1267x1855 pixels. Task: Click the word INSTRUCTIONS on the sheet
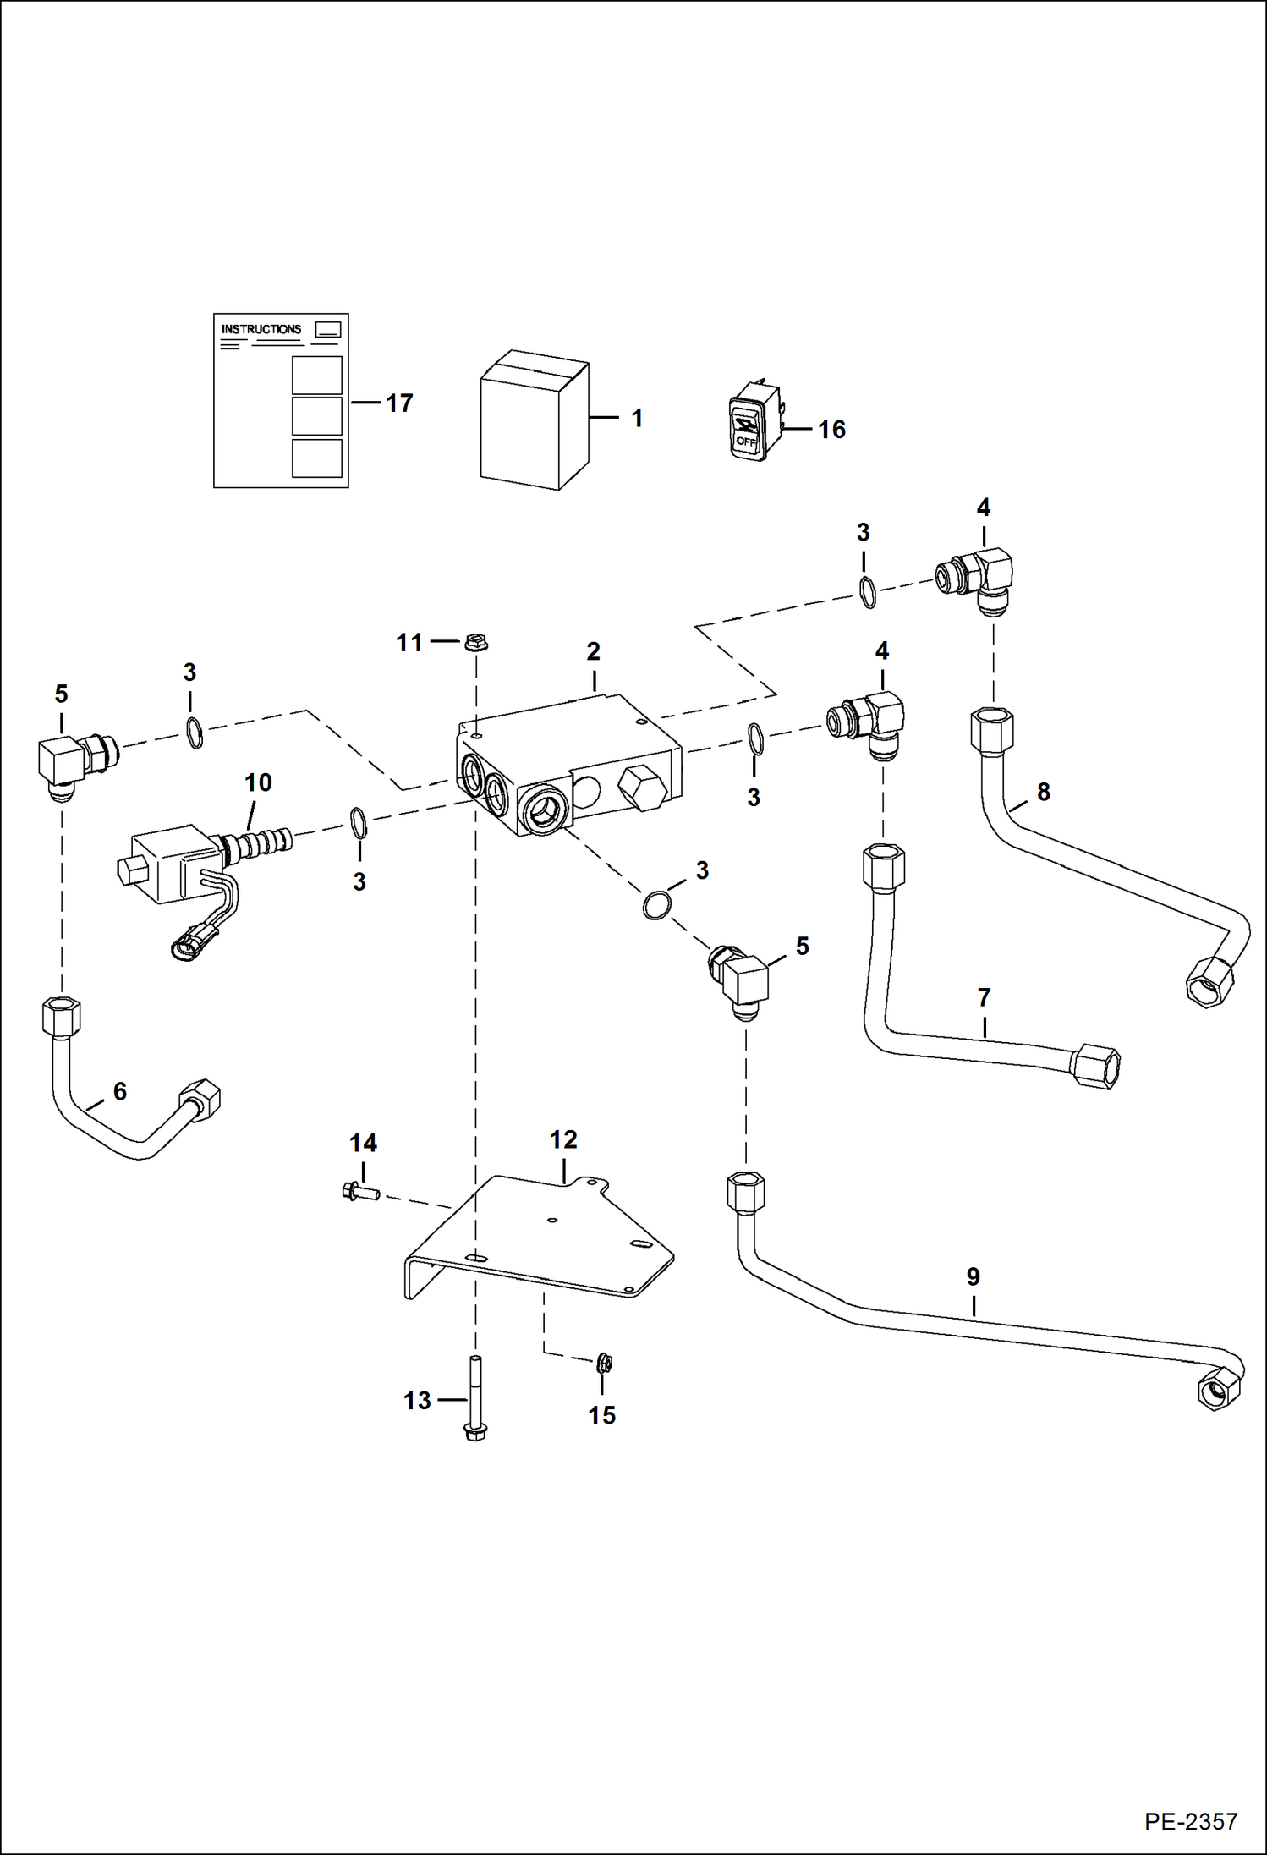[261, 329]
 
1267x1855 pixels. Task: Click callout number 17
[399, 403]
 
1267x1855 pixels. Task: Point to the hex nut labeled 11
[476, 643]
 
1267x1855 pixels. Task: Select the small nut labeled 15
[604, 1363]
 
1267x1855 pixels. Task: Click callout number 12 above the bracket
[563, 1139]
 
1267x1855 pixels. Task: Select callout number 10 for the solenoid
[258, 782]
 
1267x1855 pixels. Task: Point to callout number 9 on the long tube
[973, 1276]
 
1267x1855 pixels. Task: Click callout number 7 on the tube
[984, 998]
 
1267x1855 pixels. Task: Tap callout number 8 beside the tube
[1044, 792]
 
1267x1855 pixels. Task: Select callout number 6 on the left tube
[120, 1091]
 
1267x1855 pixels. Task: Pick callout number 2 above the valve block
[593, 651]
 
